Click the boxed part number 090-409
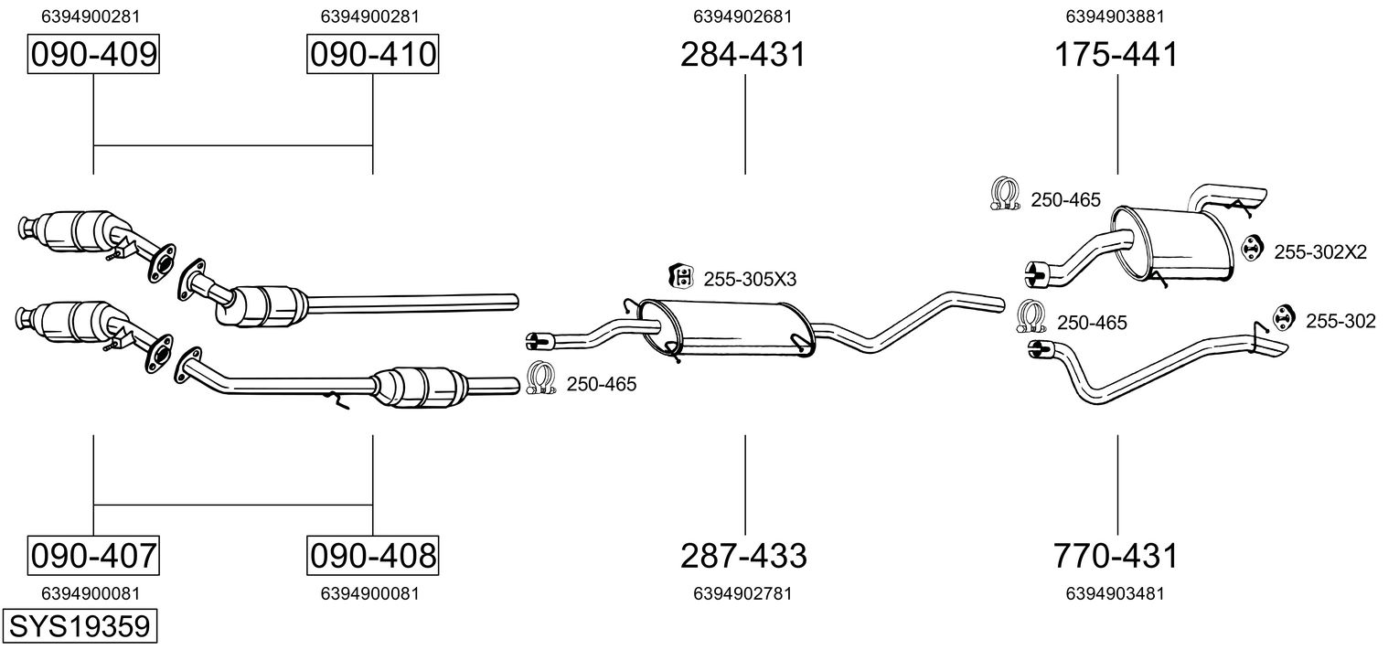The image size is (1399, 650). [93, 55]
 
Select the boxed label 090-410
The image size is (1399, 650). [372, 55]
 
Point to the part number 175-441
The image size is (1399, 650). [1116, 55]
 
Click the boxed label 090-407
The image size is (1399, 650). [93, 555]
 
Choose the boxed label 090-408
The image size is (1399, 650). [372, 555]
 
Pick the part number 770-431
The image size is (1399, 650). [1116, 555]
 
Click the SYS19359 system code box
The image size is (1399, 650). [79, 627]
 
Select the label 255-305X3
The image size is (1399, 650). [749, 278]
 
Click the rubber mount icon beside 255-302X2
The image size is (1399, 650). [1251, 248]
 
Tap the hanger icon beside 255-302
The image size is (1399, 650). [1285, 316]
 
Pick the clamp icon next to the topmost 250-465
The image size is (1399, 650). [1006, 195]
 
